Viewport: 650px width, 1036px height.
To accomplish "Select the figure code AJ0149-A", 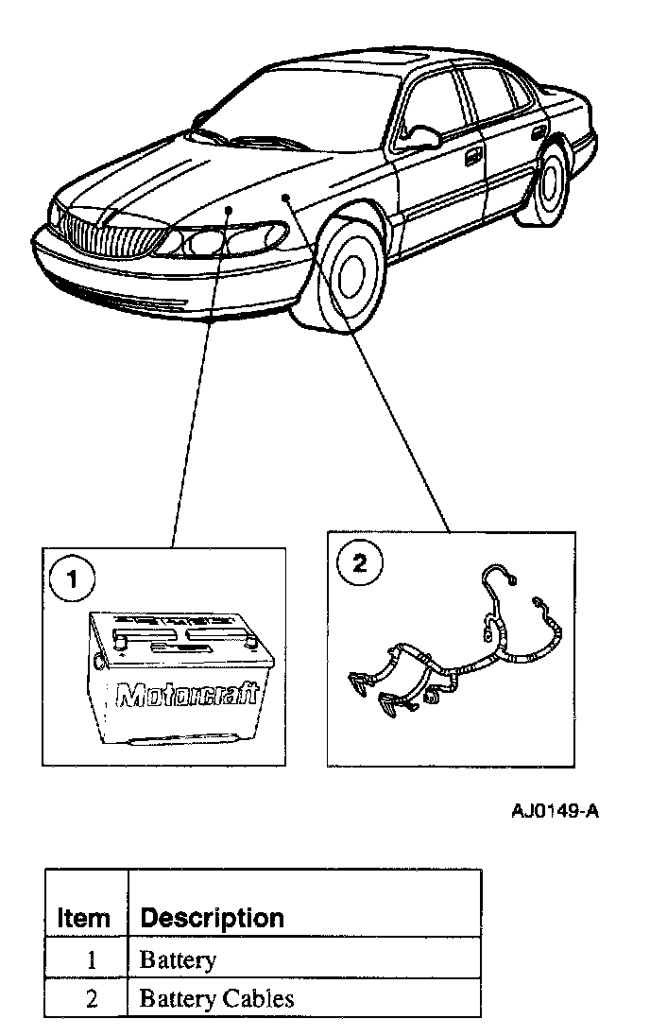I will point(556,813).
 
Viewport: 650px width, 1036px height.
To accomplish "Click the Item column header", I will point(84,917).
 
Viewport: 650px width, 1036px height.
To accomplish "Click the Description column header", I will point(212,917).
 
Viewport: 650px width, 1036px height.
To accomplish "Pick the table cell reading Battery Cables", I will point(216,998).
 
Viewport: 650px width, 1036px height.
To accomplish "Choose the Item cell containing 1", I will point(92,960).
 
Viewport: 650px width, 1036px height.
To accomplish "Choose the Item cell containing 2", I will point(92,998).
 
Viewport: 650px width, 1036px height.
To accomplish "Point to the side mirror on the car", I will point(421,135).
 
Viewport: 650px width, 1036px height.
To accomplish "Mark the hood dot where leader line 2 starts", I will point(284,197).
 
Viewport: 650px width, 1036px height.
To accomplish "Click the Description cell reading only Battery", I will point(178,960).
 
